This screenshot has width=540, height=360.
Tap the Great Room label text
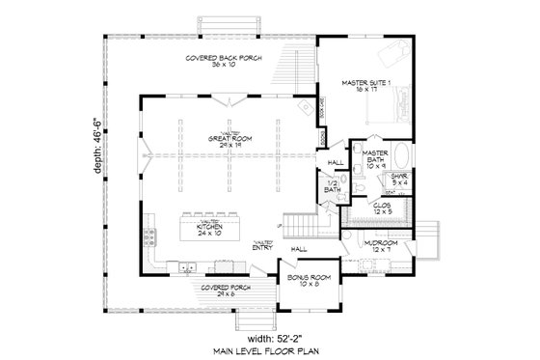coord(228,141)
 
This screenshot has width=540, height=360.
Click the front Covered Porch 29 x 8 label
coord(221,291)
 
